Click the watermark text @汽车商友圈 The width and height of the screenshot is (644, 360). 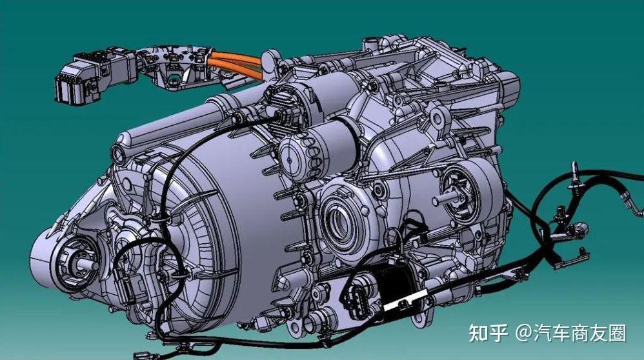(x=570, y=333)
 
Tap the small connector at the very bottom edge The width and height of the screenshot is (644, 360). (x=143, y=354)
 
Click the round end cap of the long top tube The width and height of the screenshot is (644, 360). (x=119, y=154)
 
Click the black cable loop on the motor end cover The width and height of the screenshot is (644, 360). (x=139, y=258)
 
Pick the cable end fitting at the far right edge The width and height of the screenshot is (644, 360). (x=572, y=172)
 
